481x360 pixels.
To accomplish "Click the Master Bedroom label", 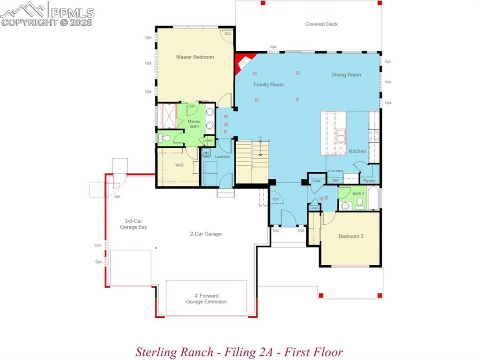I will tap(195, 57).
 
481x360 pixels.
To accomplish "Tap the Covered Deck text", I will tap(321, 24).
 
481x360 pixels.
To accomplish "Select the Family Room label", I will tap(269, 85).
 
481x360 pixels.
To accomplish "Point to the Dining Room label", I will tap(346, 75).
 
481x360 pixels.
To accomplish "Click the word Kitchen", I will tap(357, 151).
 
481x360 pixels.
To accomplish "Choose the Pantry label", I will tap(369, 181).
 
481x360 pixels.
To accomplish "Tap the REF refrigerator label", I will tap(335, 180).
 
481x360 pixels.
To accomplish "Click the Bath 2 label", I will tap(358, 193).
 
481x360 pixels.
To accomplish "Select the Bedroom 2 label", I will tap(351, 237).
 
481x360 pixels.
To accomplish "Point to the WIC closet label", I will tap(179, 166).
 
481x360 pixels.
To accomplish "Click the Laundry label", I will tap(223, 156).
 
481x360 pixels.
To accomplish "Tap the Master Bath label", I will tap(194, 124).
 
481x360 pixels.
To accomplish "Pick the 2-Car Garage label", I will tap(205, 234).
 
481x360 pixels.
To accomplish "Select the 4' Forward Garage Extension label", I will tap(206, 299).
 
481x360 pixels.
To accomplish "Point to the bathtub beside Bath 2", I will tap(373, 199).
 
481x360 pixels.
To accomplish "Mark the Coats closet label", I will tap(316, 181).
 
